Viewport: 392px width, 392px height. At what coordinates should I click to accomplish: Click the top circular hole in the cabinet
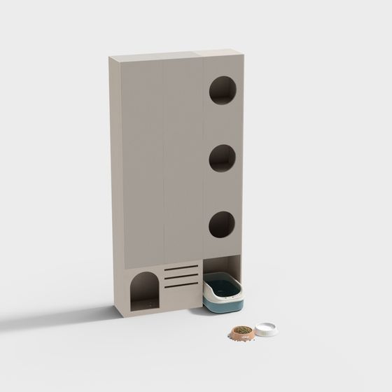[222, 91]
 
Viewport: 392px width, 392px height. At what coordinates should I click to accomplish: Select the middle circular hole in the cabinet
[222, 159]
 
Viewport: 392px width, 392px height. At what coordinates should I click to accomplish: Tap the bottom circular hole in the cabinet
[222, 225]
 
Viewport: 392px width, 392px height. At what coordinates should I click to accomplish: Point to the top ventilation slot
[181, 268]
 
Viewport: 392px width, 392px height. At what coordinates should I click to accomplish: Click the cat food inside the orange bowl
[241, 330]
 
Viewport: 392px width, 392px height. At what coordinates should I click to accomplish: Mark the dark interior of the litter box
[225, 286]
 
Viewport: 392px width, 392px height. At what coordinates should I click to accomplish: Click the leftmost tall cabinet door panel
[142, 161]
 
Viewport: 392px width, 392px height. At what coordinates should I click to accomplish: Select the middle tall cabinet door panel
[183, 161]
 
